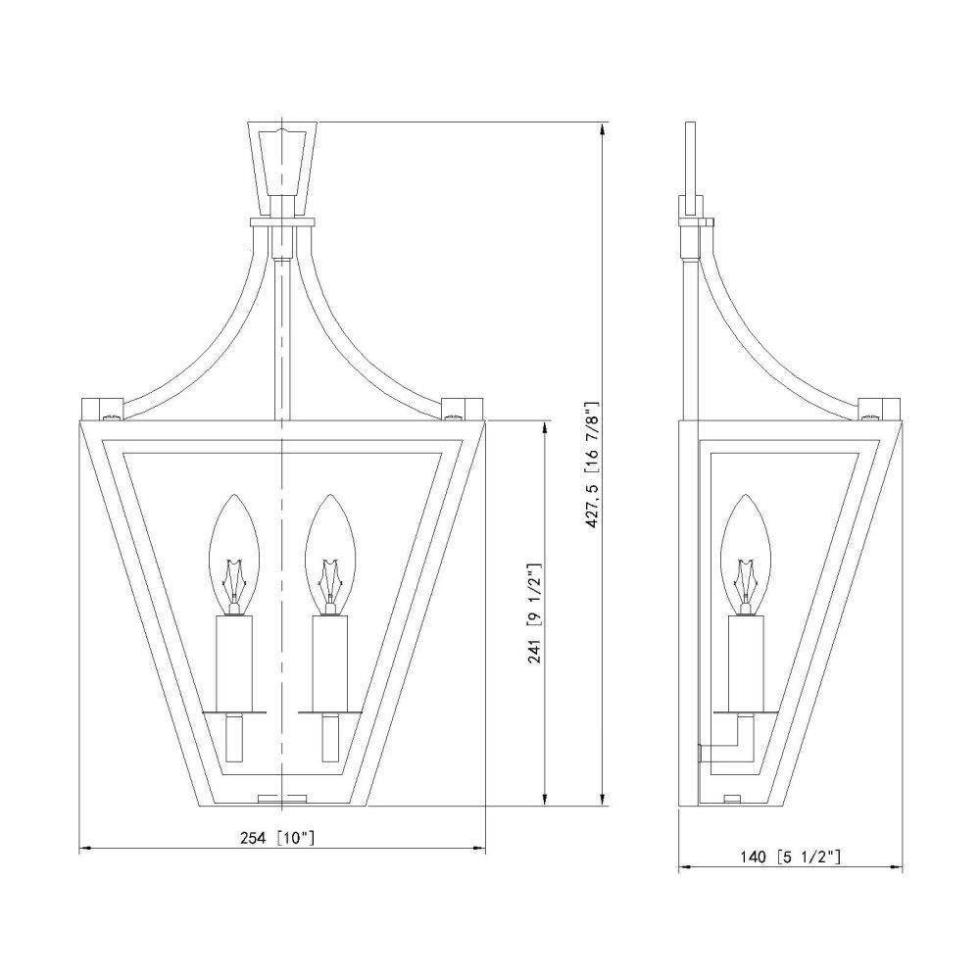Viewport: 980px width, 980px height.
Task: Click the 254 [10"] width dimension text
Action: click(x=277, y=838)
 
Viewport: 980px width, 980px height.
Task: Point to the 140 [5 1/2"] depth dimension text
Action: click(x=791, y=857)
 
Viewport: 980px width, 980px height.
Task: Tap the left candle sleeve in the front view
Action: click(x=234, y=663)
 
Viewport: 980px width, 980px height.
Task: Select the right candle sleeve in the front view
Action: click(x=330, y=663)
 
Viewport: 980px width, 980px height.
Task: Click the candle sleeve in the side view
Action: click(x=746, y=663)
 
